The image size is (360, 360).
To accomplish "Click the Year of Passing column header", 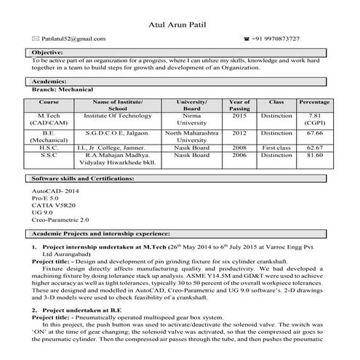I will click(x=239, y=105).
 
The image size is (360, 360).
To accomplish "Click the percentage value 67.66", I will click(x=315, y=134).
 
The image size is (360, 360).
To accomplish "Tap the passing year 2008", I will click(x=239, y=147).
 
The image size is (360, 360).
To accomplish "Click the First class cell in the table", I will click(x=276, y=147).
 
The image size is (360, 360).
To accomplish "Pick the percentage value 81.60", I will click(x=315, y=155).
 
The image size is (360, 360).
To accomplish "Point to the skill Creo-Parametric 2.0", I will click(x=60, y=218).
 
